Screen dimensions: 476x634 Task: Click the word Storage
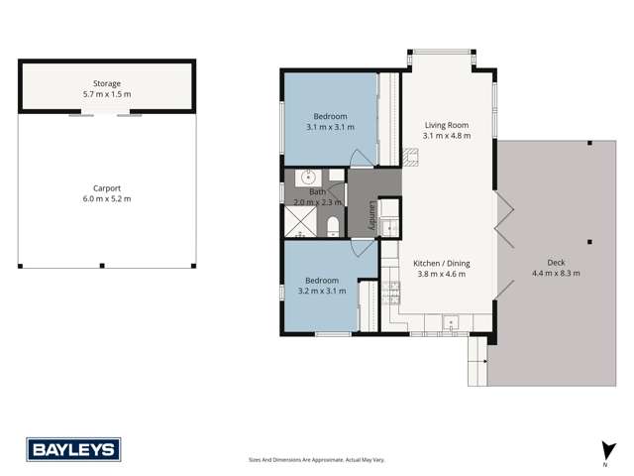coord(107,83)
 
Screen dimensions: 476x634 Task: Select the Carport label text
coord(107,188)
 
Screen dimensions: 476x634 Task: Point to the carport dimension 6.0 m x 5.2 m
coord(107,199)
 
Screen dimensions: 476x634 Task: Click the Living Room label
coord(445,125)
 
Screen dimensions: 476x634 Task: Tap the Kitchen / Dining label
coord(442,263)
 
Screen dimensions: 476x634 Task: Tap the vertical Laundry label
coord(372,215)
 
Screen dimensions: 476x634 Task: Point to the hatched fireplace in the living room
coord(411,155)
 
